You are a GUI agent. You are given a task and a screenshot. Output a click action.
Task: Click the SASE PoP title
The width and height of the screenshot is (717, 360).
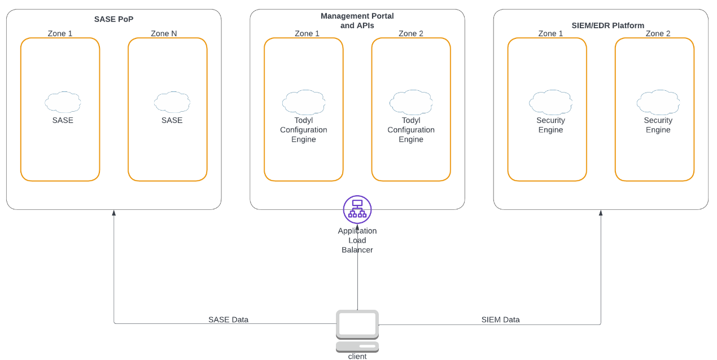(113, 19)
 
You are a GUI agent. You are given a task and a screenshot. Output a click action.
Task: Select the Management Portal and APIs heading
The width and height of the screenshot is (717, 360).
(357, 20)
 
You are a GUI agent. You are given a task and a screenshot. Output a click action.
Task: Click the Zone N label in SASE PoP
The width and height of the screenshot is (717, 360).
(164, 33)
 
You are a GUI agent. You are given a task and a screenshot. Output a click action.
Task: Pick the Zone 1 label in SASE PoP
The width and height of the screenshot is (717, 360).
(60, 33)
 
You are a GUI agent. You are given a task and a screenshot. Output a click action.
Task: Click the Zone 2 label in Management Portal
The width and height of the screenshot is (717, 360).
(410, 33)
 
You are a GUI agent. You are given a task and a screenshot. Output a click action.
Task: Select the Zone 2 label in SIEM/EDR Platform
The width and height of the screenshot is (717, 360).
(658, 33)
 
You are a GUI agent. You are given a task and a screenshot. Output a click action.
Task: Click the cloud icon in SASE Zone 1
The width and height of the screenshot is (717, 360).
(63, 102)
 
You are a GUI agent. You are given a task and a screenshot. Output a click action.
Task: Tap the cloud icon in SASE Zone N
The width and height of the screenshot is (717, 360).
(172, 102)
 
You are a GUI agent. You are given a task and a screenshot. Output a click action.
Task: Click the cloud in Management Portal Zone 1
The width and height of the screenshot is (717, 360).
(303, 102)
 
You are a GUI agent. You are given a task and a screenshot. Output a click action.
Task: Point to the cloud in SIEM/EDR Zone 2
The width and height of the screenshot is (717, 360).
(658, 102)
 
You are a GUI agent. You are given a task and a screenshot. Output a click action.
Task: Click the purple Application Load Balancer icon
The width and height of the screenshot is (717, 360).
(357, 209)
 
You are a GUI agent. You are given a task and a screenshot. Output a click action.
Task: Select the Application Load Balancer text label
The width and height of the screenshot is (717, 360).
(357, 240)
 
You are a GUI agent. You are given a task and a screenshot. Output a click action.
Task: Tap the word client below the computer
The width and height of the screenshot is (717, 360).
(357, 356)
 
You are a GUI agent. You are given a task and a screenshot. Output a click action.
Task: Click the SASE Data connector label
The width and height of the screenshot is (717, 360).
(228, 319)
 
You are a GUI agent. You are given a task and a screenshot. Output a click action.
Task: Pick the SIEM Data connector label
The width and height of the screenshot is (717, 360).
(500, 319)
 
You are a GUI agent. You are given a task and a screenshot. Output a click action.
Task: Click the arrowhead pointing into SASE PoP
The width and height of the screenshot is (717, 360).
(114, 213)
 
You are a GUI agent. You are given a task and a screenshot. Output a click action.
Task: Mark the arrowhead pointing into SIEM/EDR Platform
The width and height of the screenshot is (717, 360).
(601, 213)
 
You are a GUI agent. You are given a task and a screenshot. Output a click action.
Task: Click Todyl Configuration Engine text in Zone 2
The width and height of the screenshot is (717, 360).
(410, 130)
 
